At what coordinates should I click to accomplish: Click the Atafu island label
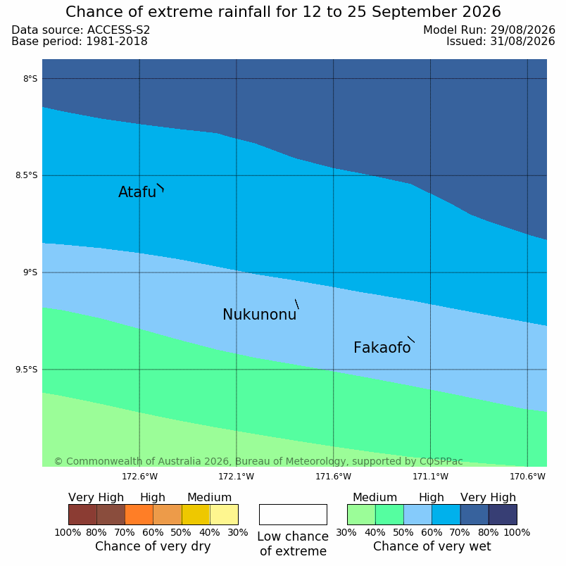pos(137,191)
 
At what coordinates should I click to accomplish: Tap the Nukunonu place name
pos(260,315)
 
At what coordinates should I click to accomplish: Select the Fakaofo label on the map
pos(382,348)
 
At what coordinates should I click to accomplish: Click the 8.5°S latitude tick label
pos(26,175)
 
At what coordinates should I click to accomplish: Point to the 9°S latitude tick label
pos(30,272)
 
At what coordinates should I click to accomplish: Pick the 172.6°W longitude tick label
pos(139,477)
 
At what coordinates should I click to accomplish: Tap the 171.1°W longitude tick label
pos(430,477)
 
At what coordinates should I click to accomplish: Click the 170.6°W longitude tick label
pos(527,477)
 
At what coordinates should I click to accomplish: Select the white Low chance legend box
pos(293,515)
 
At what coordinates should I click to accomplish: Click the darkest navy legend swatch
pos(503,515)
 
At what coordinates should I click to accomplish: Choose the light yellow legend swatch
pos(224,515)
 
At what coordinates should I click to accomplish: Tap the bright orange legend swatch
pos(139,515)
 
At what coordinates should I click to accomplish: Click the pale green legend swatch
pos(361,515)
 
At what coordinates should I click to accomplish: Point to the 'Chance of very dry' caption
pos(153,546)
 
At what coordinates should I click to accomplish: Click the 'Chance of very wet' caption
pos(432,546)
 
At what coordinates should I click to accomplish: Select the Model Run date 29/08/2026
pos(522,30)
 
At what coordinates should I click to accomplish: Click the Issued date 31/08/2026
pos(522,42)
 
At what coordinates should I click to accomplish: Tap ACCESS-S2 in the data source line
pos(118,30)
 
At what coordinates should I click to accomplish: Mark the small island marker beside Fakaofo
pos(411,339)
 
